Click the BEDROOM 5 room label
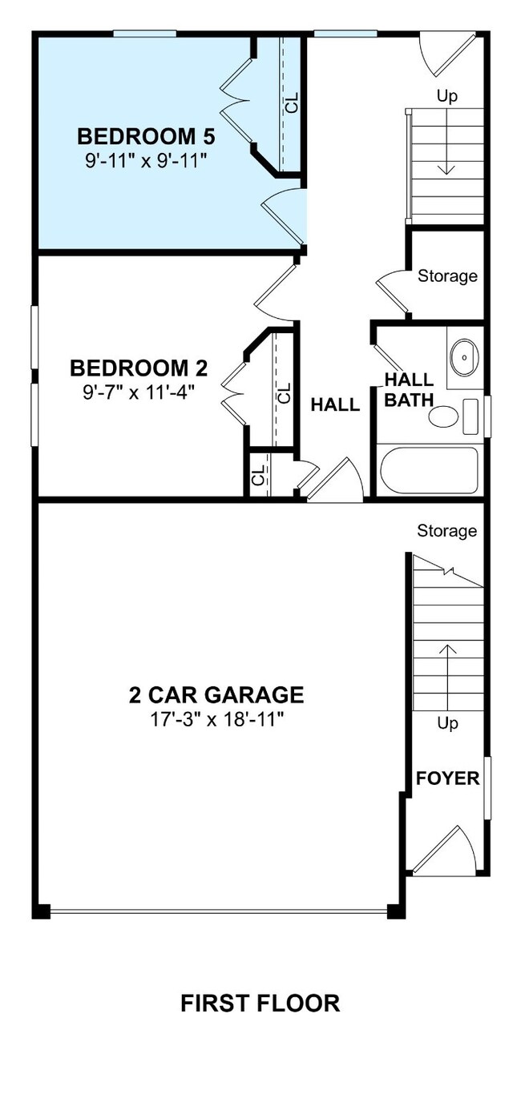pyautogui.click(x=146, y=135)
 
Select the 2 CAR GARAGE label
pyautogui.click(x=216, y=694)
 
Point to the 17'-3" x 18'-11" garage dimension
pyautogui.click(x=216, y=718)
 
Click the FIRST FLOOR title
pyautogui.click(x=260, y=1003)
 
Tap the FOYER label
pyautogui.click(x=447, y=778)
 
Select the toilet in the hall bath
pyautogui.click(x=444, y=416)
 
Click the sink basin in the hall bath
pyautogui.click(x=463, y=357)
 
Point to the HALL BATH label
pyautogui.click(x=409, y=389)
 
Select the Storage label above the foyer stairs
pyautogui.click(x=446, y=531)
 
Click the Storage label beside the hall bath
pyautogui.click(x=447, y=276)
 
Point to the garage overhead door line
pyautogui.click(x=218, y=911)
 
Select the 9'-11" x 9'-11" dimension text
pyautogui.click(x=146, y=160)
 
